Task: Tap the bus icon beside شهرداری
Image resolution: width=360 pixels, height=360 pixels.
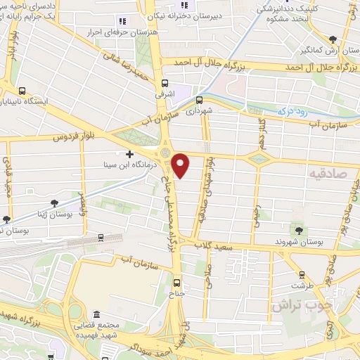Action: coord(200,100)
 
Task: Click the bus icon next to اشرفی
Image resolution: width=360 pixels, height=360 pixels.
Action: coord(165,82)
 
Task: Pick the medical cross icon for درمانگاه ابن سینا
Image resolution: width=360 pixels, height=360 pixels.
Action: coord(129,154)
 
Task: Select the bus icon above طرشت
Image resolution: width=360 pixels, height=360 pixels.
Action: coord(302,275)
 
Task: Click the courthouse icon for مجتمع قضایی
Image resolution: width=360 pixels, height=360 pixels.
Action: coord(96,314)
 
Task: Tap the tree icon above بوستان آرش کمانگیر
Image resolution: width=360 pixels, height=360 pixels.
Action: coord(333,40)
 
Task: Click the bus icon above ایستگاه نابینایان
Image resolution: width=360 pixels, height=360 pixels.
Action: coord(23,91)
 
